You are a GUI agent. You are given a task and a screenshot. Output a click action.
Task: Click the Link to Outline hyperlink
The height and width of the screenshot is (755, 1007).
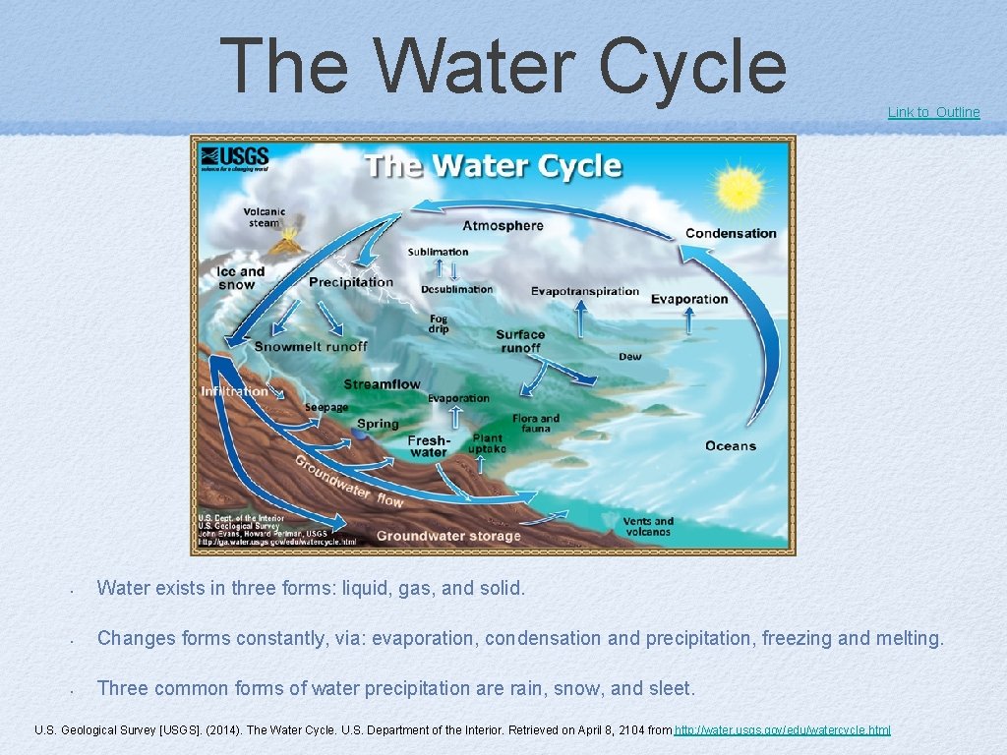point(933,112)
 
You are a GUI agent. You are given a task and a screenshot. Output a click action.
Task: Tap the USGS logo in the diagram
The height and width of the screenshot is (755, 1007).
point(234,159)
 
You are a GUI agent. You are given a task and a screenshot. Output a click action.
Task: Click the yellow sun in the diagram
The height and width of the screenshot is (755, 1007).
point(740,190)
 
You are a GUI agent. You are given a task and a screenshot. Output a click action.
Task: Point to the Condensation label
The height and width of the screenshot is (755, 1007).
point(731,234)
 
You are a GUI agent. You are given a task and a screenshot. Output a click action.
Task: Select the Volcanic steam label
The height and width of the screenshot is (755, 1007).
point(264,217)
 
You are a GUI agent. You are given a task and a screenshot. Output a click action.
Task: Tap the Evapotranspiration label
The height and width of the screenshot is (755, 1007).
point(585,291)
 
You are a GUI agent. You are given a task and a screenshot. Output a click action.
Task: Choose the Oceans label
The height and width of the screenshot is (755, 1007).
point(731,446)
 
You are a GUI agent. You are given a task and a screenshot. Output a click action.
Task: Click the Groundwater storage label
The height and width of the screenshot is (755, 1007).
point(448,536)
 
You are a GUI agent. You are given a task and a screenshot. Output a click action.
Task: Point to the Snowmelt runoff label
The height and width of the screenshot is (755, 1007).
point(311,346)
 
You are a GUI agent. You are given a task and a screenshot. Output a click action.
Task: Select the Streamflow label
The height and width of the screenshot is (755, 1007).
point(382,384)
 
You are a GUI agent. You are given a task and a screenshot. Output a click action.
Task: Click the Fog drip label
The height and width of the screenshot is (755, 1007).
point(439,323)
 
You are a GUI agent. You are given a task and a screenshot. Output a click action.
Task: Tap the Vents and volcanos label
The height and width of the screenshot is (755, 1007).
point(648,527)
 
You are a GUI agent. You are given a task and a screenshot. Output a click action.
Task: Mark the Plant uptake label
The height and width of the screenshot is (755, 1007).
point(489,443)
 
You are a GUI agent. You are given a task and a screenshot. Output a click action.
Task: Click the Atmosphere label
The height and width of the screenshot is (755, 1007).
point(503,226)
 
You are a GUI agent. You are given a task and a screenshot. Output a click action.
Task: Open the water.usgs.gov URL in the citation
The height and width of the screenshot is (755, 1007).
point(783,730)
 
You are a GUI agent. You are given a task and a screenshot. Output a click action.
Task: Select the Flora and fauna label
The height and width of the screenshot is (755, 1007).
point(536,424)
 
